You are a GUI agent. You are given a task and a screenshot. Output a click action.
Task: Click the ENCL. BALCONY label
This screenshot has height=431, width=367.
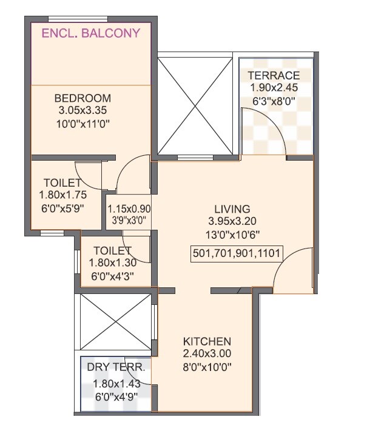click(90, 33)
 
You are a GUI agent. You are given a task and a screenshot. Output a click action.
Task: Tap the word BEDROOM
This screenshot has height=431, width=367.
click(82, 98)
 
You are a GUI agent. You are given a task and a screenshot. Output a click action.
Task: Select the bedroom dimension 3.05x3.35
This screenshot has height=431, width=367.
click(82, 111)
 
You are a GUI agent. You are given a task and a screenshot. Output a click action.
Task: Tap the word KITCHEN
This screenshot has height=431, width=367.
click(207, 341)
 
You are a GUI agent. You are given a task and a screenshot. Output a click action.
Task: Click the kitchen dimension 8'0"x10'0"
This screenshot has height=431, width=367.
click(207, 367)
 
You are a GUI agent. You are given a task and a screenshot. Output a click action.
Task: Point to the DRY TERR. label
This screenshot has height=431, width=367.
click(116, 367)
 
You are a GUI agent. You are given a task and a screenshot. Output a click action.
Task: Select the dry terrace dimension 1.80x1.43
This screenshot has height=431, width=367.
click(115, 383)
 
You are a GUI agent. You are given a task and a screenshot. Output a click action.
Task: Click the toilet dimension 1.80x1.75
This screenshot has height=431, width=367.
click(62, 195)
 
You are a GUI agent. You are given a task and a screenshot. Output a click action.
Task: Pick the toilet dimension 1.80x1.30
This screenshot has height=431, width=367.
click(112, 263)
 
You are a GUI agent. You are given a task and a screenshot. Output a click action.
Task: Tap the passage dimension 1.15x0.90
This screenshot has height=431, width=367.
click(129, 207)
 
